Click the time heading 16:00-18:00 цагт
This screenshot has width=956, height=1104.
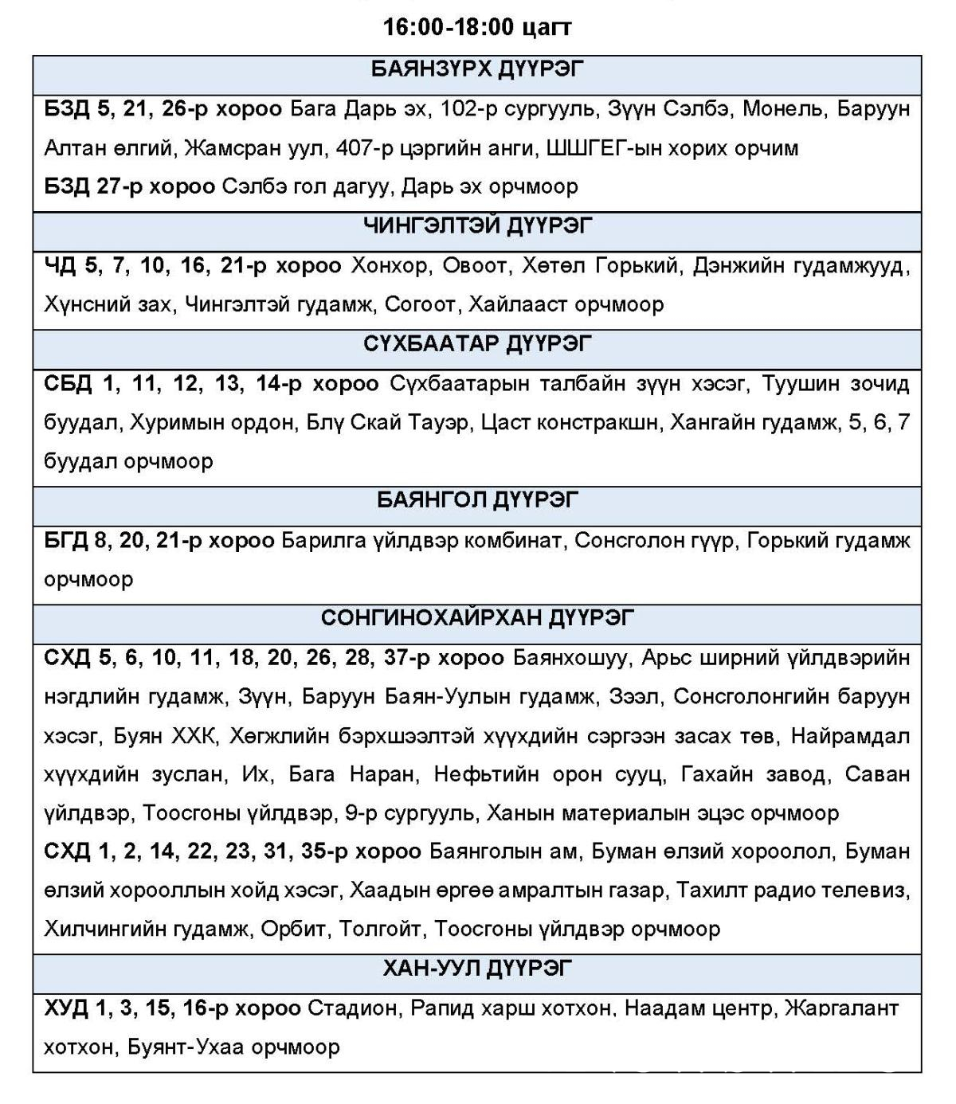476,27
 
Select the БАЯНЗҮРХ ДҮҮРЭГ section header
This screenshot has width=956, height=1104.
476,69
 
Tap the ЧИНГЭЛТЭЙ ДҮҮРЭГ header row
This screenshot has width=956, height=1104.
476,226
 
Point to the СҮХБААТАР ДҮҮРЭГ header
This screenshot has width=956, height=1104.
476,344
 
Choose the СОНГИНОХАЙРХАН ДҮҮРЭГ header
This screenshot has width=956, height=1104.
476,618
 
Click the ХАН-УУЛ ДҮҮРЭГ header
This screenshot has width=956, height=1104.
476,969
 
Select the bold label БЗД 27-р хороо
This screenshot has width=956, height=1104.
129,186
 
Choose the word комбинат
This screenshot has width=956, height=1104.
514,541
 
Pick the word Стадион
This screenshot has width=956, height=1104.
351,1008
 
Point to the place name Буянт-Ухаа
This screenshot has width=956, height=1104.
185,1047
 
